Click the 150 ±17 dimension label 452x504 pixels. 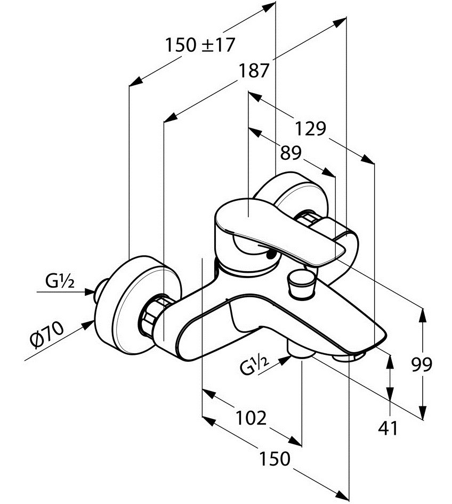200,45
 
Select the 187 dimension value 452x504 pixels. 253,70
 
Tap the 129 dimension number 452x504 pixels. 310,128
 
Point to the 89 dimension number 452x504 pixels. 290,153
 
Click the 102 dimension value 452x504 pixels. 251,418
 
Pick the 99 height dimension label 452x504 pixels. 422,364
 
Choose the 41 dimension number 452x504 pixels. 388,428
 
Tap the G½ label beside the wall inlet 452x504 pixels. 60,282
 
